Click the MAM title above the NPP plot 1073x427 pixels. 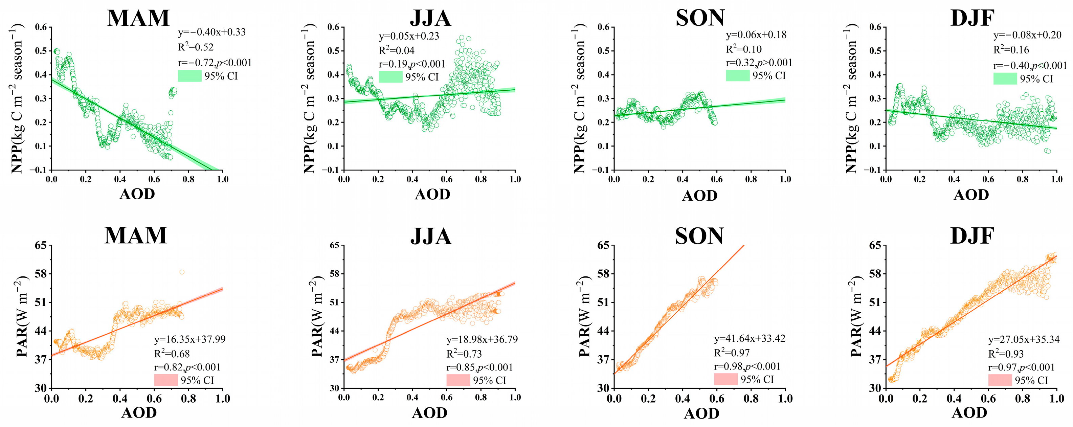point(138,18)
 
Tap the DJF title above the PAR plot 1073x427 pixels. point(972,236)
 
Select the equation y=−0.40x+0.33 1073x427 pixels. point(212,32)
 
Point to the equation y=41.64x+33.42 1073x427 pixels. point(750,338)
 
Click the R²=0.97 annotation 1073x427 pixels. point(732,353)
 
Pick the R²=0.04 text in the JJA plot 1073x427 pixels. point(397,50)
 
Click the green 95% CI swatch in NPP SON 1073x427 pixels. point(738,75)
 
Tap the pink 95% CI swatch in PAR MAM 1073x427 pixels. point(166,380)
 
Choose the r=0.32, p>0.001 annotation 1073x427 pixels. point(759,63)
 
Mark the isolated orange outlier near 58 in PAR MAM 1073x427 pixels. point(182,272)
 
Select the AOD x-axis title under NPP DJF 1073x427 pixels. point(971,195)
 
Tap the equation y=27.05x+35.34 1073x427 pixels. point(1024,339)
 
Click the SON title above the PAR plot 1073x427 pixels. point(699,236)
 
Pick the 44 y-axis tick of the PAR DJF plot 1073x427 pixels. point(874,331)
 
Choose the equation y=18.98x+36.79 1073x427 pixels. point(482,339)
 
